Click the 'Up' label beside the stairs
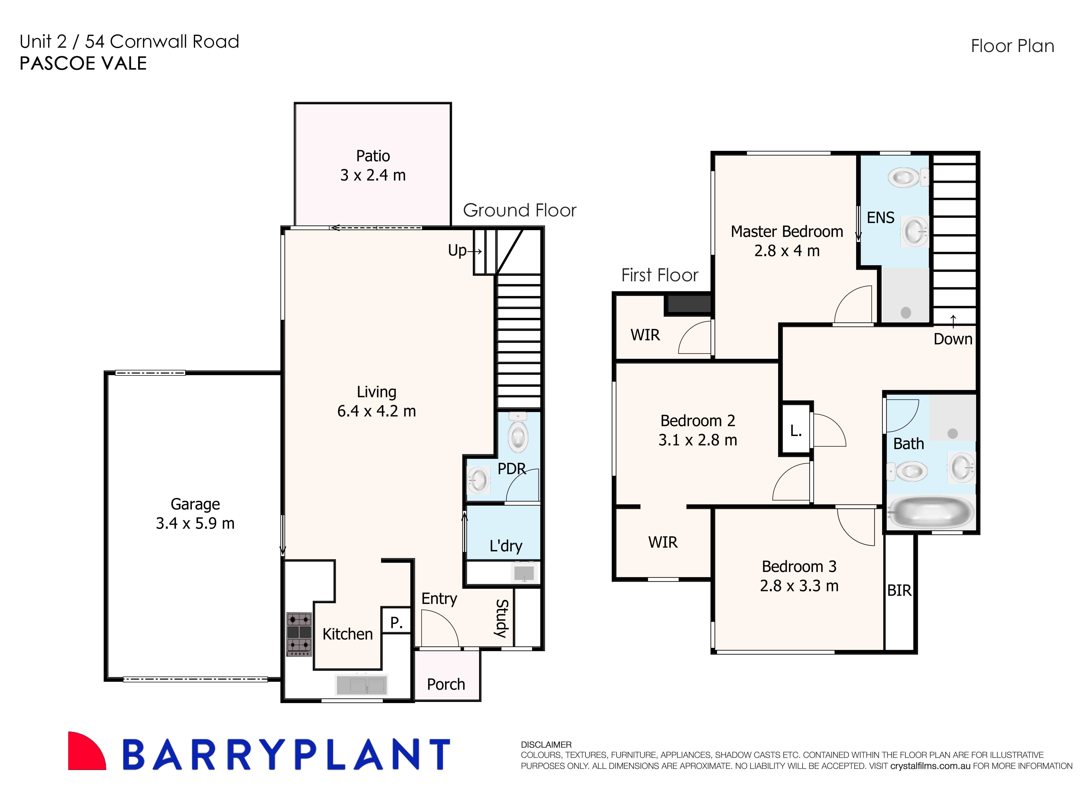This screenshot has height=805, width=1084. [x=457, y=250]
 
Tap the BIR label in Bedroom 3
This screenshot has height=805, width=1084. [x=899, y=591]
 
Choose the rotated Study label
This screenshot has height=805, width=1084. [x=502, y=618]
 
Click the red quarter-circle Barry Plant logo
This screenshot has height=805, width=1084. [x=87, y=750]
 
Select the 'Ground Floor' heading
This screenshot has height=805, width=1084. [x=519, y=210]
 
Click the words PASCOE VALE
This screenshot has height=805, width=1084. [x=83, y=63]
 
